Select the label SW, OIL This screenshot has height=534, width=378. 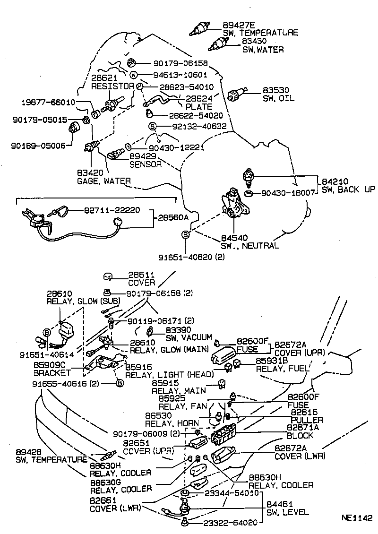click(x=279, y=98)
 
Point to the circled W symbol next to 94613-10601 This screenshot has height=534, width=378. click(x=133, y=75)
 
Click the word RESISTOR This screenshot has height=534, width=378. click(x=112, y=86)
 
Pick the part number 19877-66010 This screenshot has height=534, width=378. click(x=49, y=102)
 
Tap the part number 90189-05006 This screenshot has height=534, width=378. click(x=39, y=146)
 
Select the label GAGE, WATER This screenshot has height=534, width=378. click(x=104, y=181)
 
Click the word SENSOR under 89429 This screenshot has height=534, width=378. click(x=146, y=164)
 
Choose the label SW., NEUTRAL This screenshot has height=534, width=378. click(x=250, y=246)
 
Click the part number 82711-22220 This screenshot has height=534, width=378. click(x=112, y=210)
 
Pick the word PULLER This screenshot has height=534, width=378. click(x=307, y=420)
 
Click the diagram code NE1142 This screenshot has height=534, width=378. click(x=358, y=517)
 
